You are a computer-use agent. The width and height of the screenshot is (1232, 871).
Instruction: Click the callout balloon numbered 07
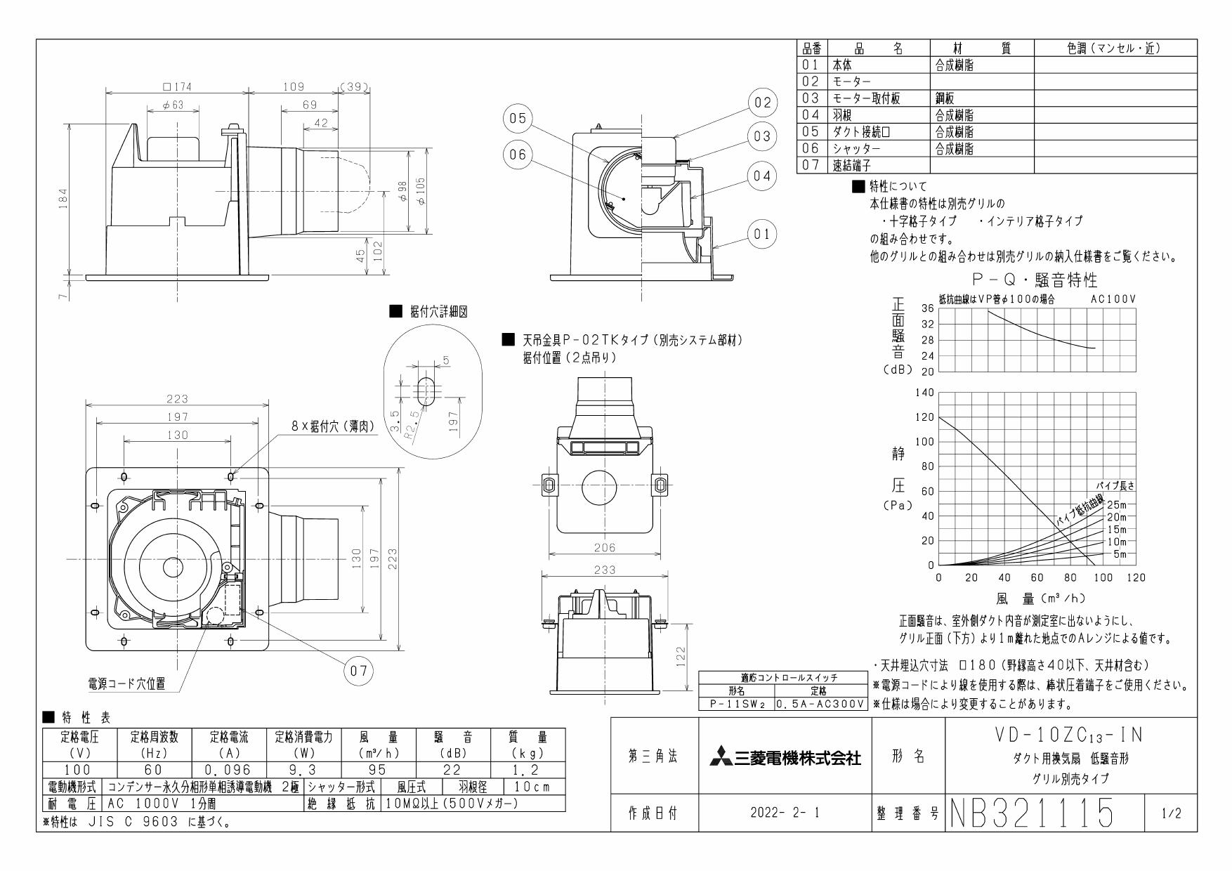point(359,671)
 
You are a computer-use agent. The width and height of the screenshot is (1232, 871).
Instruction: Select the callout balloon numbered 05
point(518,119)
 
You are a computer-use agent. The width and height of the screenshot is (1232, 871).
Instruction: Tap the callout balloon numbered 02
point(763,103)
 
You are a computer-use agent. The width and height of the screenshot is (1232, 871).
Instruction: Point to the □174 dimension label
point(177,87)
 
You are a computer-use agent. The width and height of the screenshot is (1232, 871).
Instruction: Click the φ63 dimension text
point(173,105)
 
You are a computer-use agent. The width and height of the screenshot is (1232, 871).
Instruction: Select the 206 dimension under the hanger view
point(604,548)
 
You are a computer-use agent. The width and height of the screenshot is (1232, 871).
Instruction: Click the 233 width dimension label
point(604,570)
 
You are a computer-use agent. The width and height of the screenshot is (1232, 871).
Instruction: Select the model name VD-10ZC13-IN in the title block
point(1070,735)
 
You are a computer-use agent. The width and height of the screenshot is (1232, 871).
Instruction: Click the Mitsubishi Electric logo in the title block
point(785,757)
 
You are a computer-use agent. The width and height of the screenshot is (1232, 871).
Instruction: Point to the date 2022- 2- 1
point(785,813)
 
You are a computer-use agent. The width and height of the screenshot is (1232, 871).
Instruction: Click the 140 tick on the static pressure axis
point(924,393)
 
